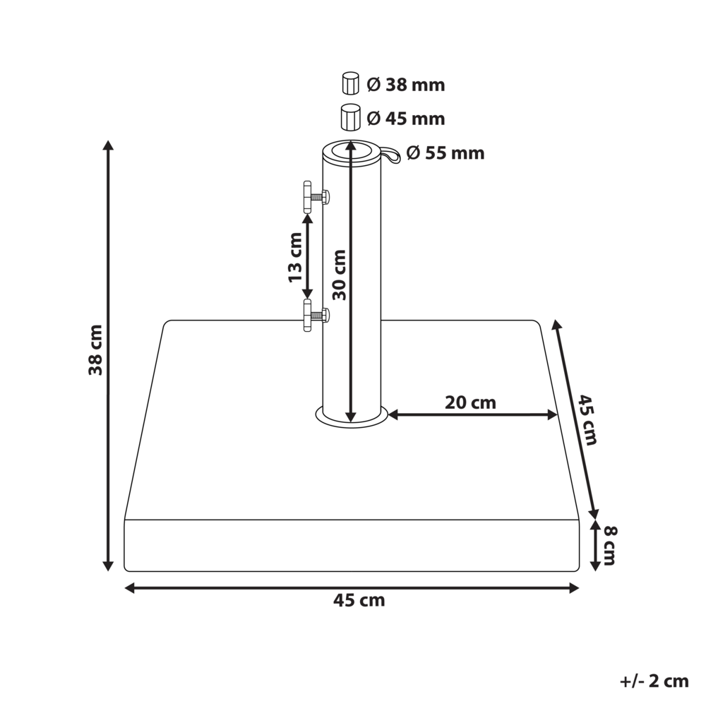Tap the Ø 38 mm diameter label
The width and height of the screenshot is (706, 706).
coord(406,85)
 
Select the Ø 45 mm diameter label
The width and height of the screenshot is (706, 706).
coord(406,119)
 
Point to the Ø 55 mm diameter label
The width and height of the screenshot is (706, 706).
coord(445,152)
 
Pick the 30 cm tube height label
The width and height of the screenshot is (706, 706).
coord(340,275)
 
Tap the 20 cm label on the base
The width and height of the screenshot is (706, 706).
coord(470,403)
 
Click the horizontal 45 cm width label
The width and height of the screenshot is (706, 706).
coord(359,601)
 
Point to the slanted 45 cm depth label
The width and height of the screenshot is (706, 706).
coord(588,419)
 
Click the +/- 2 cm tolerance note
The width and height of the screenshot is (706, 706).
coord(654,681)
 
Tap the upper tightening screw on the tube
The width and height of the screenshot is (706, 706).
coord(314,198)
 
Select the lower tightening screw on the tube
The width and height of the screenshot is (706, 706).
coord(314,315)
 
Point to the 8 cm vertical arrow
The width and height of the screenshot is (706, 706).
coord(595,544)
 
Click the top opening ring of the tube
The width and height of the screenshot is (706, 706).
coord(351,150)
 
